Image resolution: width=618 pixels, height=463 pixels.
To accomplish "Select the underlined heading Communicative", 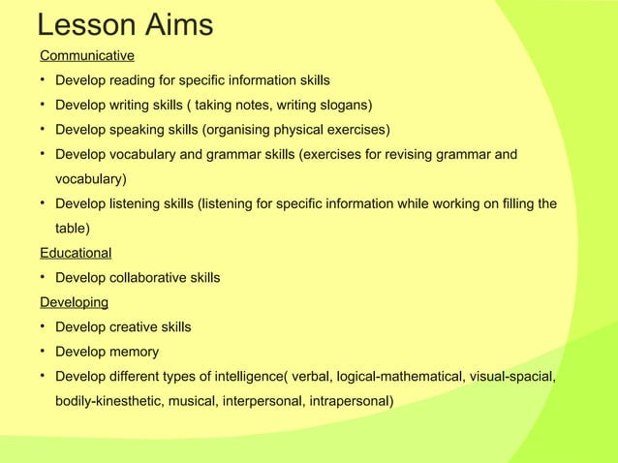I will click(86, 55).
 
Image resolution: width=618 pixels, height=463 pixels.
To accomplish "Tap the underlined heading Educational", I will click(76, 253).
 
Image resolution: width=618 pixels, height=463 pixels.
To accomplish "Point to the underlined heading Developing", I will click(74, 302).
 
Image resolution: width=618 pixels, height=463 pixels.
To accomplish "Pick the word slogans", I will click(344, 105).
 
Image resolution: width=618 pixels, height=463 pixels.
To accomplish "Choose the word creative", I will click(138, 327).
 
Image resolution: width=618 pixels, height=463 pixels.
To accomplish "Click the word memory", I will click(136, 352).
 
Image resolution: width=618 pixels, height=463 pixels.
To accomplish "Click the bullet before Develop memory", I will click(44, 352).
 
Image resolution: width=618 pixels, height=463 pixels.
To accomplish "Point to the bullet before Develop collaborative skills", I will click(44, 278).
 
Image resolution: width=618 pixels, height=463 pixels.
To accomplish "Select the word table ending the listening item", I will click(72, 229).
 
